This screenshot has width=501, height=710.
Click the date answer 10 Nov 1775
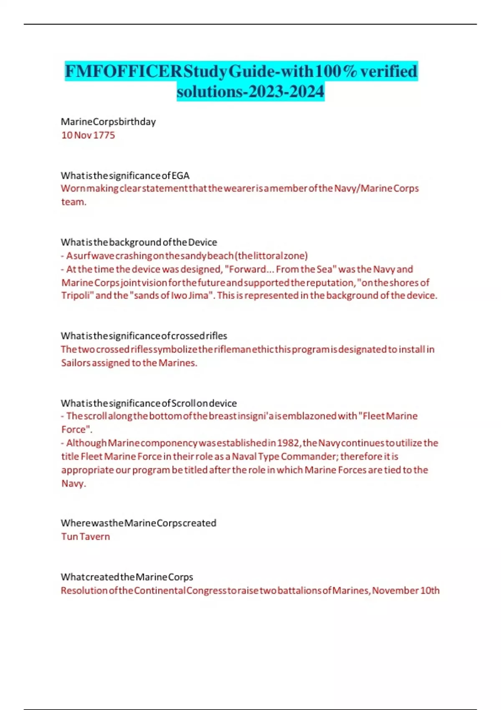(88, 135)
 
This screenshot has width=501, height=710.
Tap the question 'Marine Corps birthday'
(108, 122)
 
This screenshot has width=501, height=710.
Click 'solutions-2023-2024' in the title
(250, 91)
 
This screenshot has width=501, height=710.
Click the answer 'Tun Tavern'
(86, 537)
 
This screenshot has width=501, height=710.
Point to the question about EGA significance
(125, 175)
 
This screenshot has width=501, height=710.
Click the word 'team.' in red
(74, 202)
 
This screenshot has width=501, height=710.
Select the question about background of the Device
(139, 242)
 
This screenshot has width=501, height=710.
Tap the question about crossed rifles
(144, 336)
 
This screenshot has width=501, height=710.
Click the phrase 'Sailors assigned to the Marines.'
(129, 363)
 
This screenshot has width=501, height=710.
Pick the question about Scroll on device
(149, 403)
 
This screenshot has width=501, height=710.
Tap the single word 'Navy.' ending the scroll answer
(73, 484)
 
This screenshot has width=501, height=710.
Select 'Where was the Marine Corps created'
(138, 523)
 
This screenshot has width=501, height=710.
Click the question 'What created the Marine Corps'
(127, 577)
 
